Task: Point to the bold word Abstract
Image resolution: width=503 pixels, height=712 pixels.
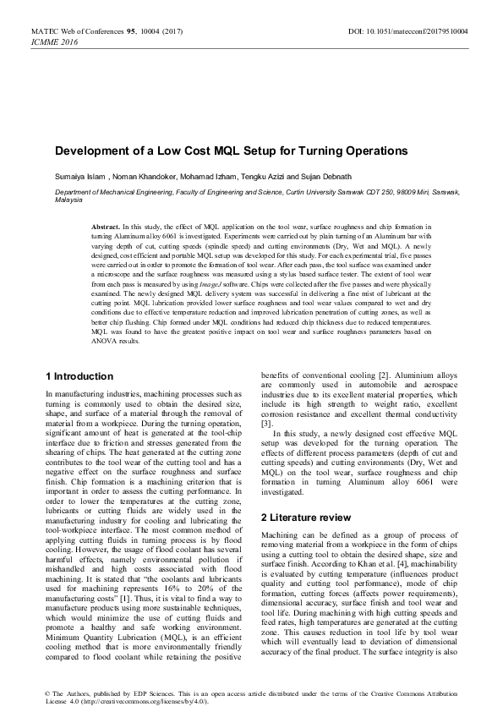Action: click(x=107, y=228)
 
